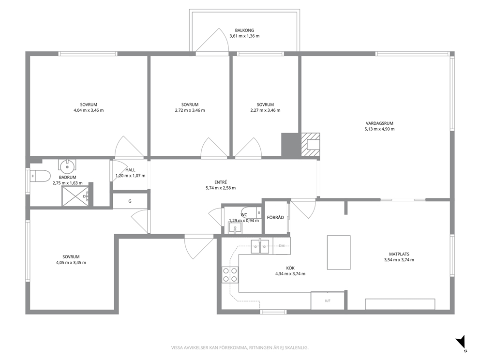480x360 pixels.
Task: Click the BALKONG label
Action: pyautogui.click(x=244, y=30)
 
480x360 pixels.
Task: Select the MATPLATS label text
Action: pyautogui.click(x=399, y=254)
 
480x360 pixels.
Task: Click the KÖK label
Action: pyautogui.click(x=290, y=268)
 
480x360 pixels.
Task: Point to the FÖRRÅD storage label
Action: pyautogui.click(x=275, y=218)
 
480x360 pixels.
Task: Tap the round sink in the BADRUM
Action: pyautogui.click(x=67, y=167)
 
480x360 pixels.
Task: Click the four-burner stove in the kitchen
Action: pyautogui.click(x=230, y=274)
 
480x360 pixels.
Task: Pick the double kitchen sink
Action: pyautogui.click(x=260, y=247)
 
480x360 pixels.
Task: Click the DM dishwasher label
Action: pyautogui.click(x=282, y=246)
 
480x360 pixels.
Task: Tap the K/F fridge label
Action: pyautogui.click(x=328, y=301)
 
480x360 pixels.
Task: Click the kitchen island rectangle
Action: pyautogui.click(x=339, y=253)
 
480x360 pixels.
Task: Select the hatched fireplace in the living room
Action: pyautogui.click(x=311, y=145)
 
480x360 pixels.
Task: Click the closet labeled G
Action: pyautogui.click(x=130, y=201)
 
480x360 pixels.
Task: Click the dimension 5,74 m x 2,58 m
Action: pyautogui.click(x=221, y=188)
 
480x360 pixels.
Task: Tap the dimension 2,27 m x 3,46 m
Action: pyautogui.click(x=266, y=110)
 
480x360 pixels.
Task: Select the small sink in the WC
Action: pyautogui.click(x=235, y=228)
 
